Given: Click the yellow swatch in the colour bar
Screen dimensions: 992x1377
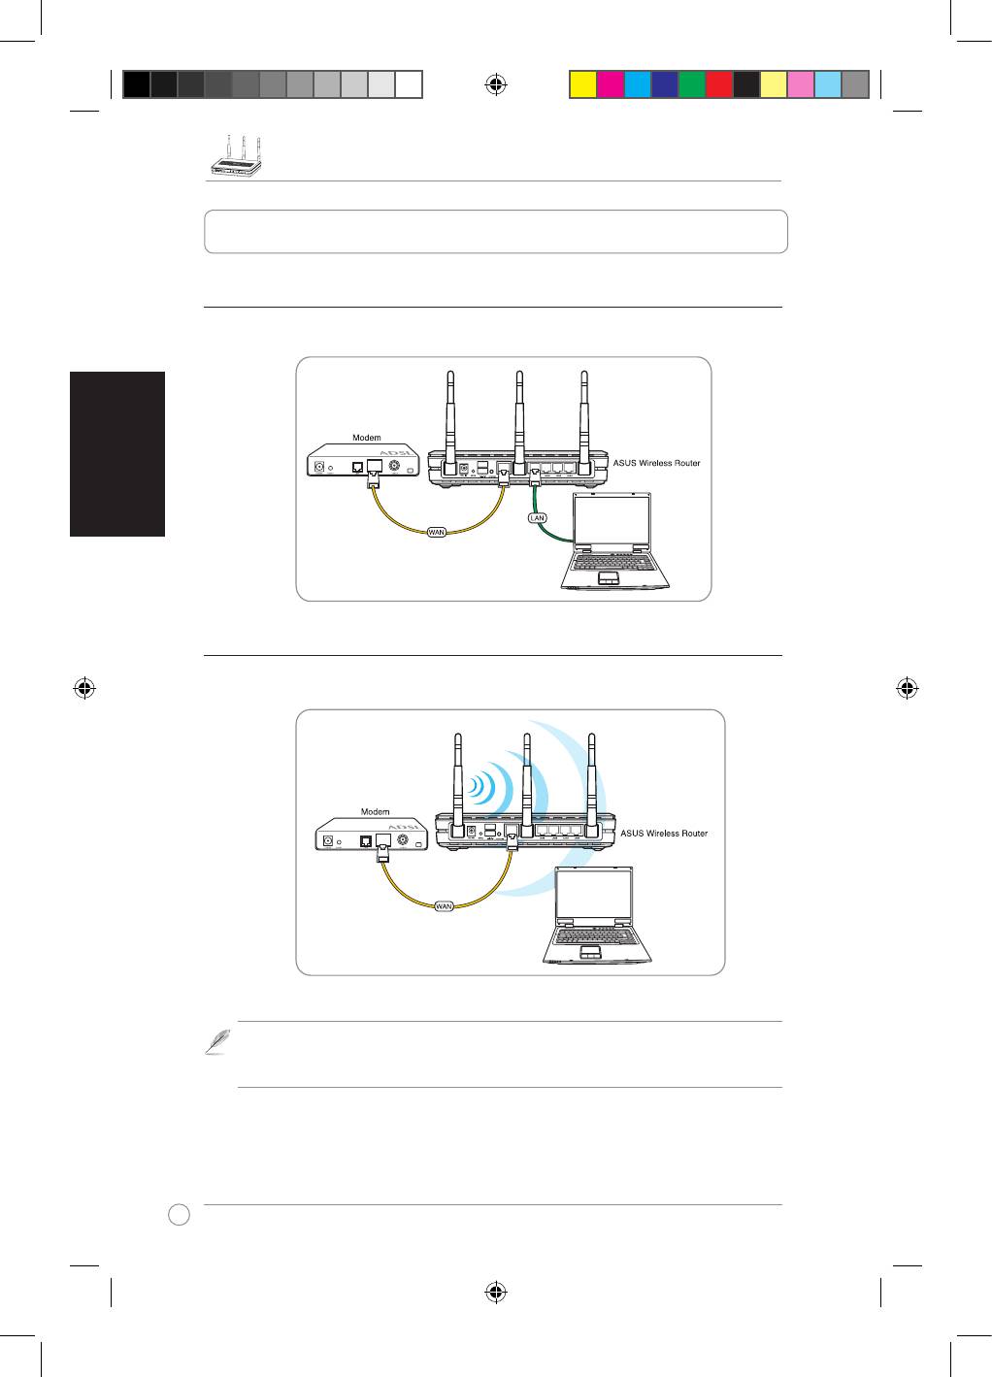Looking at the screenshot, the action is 581,84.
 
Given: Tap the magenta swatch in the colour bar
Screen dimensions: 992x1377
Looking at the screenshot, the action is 609,84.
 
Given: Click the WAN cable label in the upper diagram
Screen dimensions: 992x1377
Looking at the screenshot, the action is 437,532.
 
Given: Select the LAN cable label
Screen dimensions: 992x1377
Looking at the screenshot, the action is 537,517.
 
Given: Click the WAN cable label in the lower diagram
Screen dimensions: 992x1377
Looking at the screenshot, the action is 444,906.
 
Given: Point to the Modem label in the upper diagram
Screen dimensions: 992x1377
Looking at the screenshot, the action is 366,438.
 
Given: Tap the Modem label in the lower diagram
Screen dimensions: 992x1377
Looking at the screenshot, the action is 375,811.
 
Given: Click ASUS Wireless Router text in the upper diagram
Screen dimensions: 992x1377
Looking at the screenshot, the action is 656,463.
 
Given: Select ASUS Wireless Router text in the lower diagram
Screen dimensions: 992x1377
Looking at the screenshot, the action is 664,834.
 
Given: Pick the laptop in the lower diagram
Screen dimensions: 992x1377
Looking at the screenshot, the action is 595,916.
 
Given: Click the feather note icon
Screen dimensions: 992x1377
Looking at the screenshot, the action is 215,1041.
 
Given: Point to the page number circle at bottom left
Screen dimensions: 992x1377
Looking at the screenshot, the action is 178,1214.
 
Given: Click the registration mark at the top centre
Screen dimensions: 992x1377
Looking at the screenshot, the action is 495,84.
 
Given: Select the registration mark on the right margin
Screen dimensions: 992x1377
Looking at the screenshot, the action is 908,689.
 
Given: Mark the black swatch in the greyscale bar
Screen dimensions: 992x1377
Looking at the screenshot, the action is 137,84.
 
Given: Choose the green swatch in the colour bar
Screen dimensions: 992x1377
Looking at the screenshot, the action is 691,84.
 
